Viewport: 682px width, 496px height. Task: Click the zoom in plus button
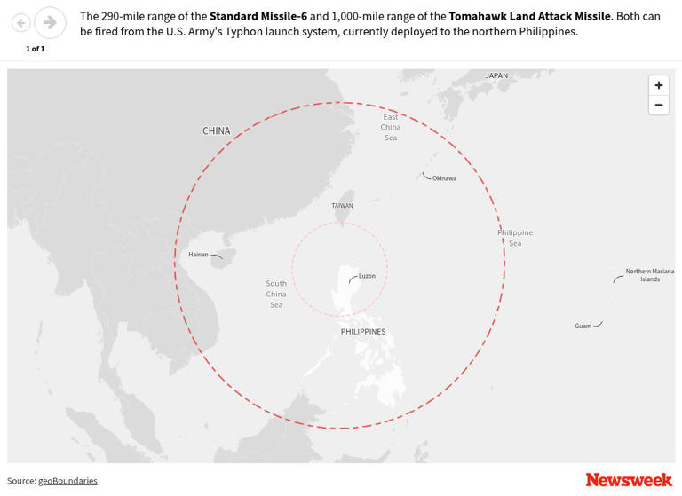(658, 85)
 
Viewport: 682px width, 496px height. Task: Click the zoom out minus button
(658, 105)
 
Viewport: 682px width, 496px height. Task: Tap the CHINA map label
(216, 131)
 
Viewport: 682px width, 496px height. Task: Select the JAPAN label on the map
(496, 76)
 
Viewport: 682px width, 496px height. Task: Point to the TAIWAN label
(342, 206)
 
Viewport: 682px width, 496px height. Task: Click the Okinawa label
(444, 178)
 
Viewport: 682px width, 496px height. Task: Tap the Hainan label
(198, 255)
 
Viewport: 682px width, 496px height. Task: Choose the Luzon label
(367, 276)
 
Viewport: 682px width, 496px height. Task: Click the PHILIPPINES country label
(363, 332)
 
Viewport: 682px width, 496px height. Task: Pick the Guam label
(583, 327)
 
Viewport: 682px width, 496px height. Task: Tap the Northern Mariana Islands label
(649, 275)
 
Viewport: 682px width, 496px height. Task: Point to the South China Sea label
(276, 294)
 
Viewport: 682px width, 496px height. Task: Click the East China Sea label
(391, 127)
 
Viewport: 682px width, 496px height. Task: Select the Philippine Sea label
(515, 238)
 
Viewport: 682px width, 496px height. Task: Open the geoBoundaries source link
(67, 481)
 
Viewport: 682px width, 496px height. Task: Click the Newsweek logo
(629, 480)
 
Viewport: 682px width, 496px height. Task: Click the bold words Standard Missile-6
(258, 16)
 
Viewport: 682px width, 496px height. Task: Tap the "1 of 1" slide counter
(36, 49)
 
